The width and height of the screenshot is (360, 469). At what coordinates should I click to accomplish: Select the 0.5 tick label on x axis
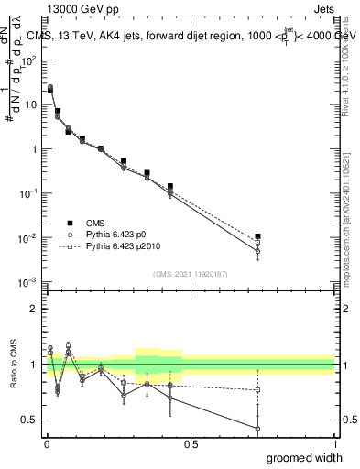coord(191,444)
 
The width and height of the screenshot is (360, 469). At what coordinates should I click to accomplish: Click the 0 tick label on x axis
coord(47,444)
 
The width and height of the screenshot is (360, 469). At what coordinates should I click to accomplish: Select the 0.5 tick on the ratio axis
coord(31,420)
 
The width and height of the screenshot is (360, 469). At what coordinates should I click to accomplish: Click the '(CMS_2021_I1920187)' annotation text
coord(190,273)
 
